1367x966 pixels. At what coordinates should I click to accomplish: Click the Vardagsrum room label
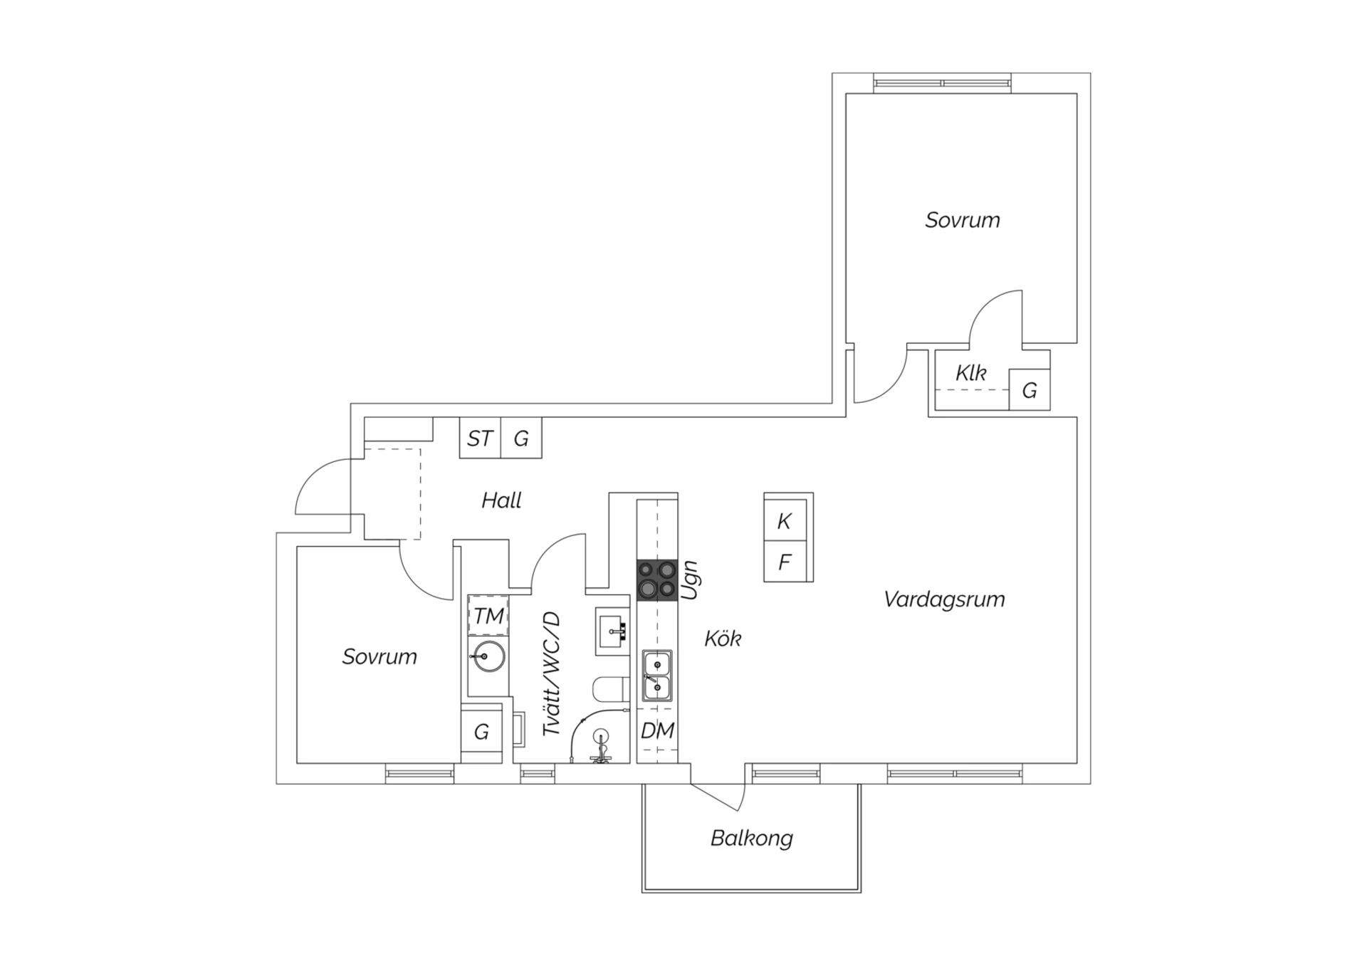click(x=944, y=599)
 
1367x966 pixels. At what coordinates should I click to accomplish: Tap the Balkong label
click(x=751, y=838)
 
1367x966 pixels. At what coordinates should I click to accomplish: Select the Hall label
click(x=501, y=500)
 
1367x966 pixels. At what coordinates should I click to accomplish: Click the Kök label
click(x=722, y=639)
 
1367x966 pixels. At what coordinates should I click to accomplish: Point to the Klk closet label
click(x=970, y=373)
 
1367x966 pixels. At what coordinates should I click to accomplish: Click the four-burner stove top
click(x=656, y=579)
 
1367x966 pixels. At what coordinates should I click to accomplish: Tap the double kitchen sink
click(x=657, y=676)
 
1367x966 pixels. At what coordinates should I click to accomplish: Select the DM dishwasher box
click(x=657, y=731)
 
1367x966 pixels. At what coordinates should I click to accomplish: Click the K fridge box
click(x=785, y=521)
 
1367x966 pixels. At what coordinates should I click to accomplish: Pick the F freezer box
click(x=785, y=562)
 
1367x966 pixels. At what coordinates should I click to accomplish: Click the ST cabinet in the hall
click(x=480, y=439)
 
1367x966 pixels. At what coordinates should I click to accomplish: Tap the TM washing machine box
click(x=488, y=616)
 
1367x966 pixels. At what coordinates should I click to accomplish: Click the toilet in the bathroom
click(x=610, y=689)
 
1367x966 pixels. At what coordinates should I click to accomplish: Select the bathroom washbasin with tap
click(x=612, y=631)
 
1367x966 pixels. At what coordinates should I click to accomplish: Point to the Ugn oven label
click(x=690, y=580)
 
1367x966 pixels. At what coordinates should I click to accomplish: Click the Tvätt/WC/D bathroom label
click(x=552, y=673)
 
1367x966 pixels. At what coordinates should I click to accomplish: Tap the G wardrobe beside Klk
click(x=1029, y=390)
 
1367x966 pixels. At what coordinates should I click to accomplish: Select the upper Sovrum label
click(x=962, y=220)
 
